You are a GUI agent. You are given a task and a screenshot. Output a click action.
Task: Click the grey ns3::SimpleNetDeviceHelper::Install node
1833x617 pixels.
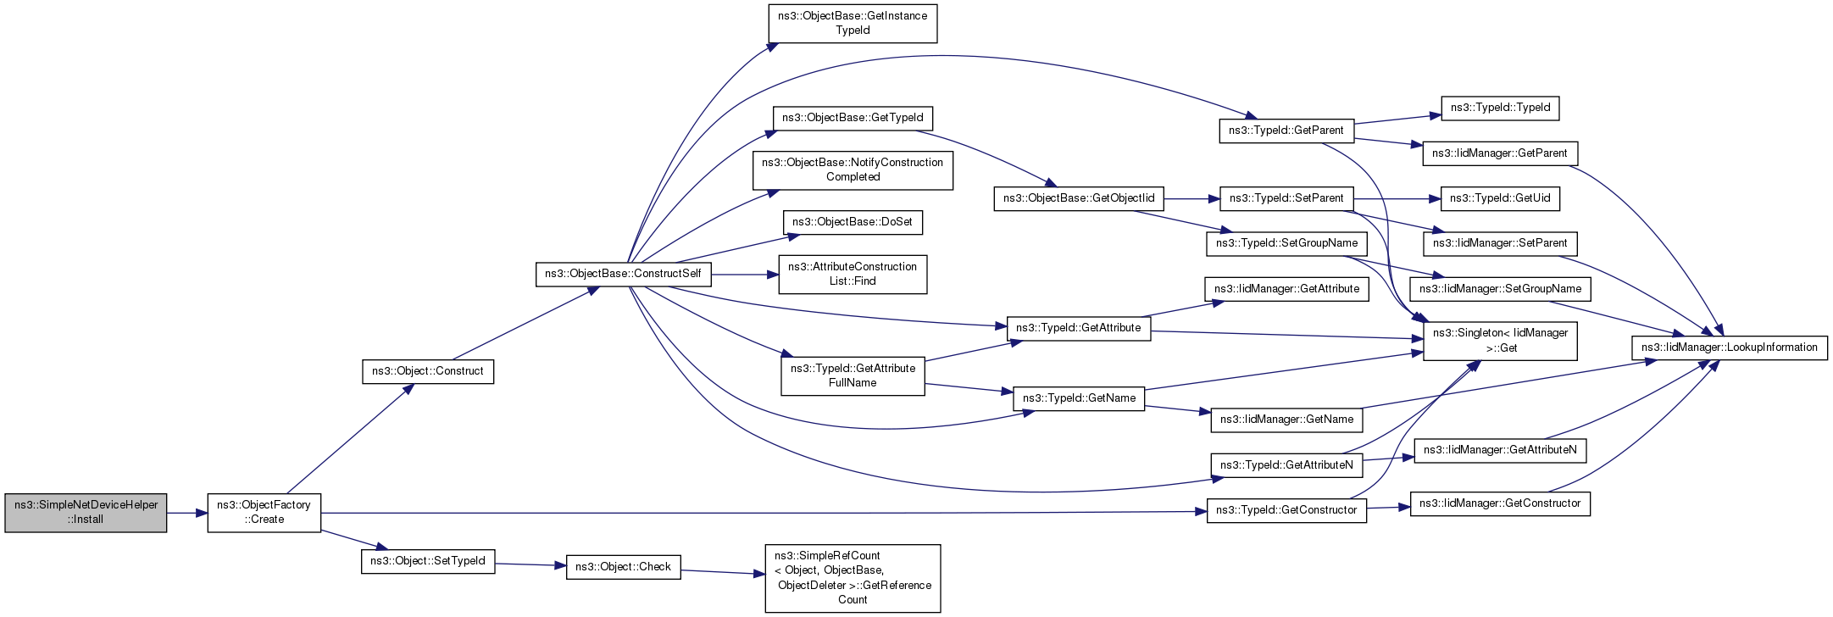click(x=86, y=512)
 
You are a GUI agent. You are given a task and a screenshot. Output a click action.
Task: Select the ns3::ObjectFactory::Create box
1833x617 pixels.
click(x=264, y=512)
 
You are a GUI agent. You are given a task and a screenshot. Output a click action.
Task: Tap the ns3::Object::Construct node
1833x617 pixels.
click(x=428, y=371)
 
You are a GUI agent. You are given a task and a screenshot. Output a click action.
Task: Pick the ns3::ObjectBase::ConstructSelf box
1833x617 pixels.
click(x=623, y=274)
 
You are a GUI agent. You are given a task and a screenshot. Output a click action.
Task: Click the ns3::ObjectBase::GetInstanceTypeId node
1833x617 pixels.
click(x=853, y=23)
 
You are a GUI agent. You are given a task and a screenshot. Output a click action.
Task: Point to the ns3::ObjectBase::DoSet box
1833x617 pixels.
click(x=853, y=222)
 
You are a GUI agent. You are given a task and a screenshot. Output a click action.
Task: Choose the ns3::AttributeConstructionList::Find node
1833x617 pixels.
click(x=853, y=275)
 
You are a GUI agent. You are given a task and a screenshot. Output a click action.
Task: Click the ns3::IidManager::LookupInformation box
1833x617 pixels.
click(x=1730, y=347)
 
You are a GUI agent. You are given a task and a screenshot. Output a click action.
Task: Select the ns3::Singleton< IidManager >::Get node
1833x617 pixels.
click(x=1500, y=341)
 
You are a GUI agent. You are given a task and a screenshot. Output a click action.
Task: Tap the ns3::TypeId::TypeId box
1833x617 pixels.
click(x=1500, y=108)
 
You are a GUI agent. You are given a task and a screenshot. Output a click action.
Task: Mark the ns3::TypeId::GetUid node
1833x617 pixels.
click(x=1500, y=198)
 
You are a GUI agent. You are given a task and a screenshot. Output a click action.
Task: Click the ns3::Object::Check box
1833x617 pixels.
click(x=623, y=567)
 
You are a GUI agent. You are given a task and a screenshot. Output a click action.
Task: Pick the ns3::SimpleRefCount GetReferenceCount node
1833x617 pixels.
click(x=853, y=578)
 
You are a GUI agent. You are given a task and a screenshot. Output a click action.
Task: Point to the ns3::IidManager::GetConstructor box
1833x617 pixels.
click(x=1500, y=503)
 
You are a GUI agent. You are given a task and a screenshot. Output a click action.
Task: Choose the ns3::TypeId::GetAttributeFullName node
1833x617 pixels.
click(x=853, y=375)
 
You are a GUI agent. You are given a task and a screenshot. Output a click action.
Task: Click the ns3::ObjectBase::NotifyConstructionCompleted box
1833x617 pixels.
click(x=853, y=170)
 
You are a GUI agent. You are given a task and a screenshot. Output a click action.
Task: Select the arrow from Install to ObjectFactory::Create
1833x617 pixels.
click(x=187, y=513)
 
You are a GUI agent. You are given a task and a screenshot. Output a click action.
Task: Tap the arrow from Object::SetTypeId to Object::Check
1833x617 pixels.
click(x=530, y=564)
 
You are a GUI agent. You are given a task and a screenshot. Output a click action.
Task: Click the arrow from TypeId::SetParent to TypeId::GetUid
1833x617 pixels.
click(x=1397, y=198)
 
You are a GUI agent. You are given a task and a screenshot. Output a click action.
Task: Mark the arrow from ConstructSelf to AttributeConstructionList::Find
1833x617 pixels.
click(x=745, y=275)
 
